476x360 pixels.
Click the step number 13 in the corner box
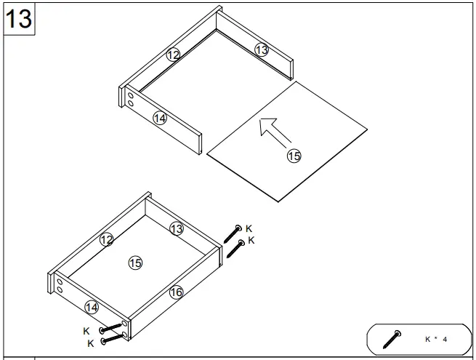(19, 18)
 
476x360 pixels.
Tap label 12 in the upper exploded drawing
(172, 55)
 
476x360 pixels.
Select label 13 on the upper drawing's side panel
(262, 49)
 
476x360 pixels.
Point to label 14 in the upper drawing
(160, 117)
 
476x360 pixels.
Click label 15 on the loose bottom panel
(294, 155)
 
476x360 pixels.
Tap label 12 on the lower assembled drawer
(107, 239)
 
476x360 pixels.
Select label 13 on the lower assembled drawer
(176, 229)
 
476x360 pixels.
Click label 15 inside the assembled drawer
(134, 263)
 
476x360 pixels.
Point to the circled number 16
(176, 292)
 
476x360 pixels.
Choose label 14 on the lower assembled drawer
(91, 307)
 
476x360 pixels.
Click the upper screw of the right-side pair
(233, 234)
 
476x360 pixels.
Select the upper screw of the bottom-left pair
(113, 329)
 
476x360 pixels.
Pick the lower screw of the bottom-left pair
(114, 338)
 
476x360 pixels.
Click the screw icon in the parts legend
(392, 339)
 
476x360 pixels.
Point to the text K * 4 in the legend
(436, 339)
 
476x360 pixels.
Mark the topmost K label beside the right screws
(249, 228)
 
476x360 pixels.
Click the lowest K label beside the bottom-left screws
(90, 343)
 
